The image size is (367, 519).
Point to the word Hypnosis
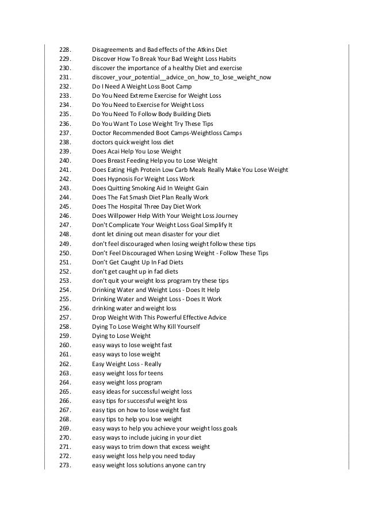click(x=123, y=179)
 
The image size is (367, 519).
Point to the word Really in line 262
click(x=152, y=364)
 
